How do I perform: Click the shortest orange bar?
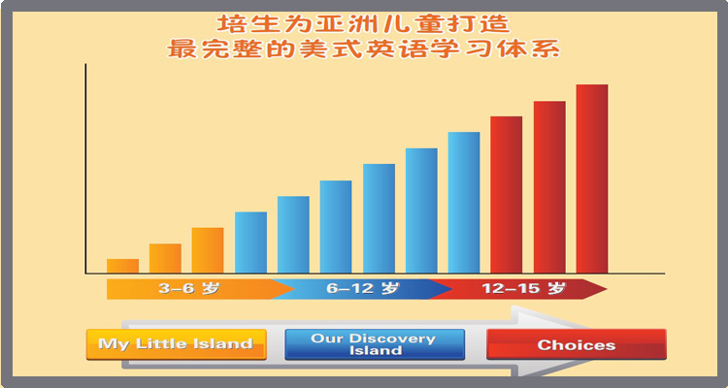122,266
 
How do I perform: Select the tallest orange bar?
208,250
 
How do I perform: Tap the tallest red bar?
592,178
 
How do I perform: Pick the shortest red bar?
506,195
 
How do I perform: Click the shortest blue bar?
250,242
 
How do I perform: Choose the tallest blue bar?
464,203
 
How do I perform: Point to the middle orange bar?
165,259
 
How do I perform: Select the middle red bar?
549,187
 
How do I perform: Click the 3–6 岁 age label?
189,289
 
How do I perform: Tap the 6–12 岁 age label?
363,289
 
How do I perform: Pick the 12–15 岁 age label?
524,289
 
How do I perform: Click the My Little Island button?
177,344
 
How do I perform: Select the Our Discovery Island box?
375,344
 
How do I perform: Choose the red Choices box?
577,344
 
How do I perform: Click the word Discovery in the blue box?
393,339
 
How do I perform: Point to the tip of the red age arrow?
607,289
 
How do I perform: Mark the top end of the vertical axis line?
85,64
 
